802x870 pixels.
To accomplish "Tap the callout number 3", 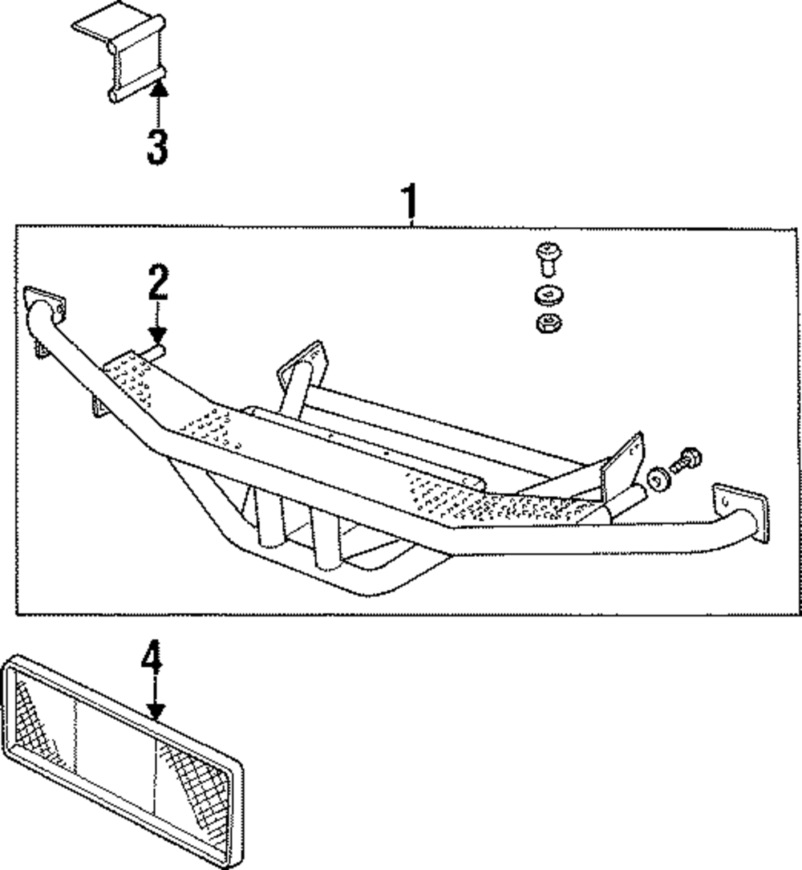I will tap(157, 145).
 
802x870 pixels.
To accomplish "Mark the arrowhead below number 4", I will tap(156, 709).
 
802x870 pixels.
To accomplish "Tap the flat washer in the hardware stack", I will tap(547, 295).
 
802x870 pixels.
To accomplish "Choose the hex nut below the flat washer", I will tap(547, 323).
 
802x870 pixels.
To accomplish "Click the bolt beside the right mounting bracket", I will tap(684, 465).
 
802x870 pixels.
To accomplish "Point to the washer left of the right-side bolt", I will tap(658, 479).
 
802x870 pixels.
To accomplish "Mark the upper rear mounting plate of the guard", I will tap(302, 364).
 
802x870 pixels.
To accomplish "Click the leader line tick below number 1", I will tap(411, 224).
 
